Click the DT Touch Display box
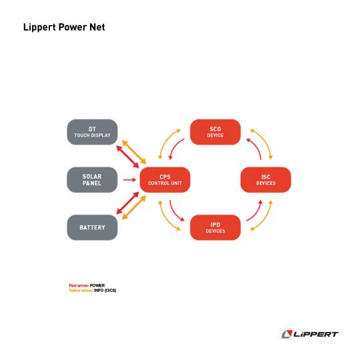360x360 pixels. point(92,132)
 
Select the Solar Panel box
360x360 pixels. point(92,180)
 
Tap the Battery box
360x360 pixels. point(92,227)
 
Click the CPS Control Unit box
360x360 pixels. point(165,180)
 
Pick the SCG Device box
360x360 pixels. point(215,132)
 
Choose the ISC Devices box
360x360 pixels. point(265,180)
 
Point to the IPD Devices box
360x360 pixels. point(215,227)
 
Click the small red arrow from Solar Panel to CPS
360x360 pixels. point(130,180)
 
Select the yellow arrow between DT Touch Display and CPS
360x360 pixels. point(134,152)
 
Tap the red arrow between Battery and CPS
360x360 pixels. point(127,203)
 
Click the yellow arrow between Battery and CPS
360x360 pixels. point(134,207)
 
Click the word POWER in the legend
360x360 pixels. point(97,285)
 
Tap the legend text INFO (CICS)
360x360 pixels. point(105,291)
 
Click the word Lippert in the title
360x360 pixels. point(39,27)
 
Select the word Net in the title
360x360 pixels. point(97,27)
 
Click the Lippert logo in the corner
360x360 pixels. point(310,334)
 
